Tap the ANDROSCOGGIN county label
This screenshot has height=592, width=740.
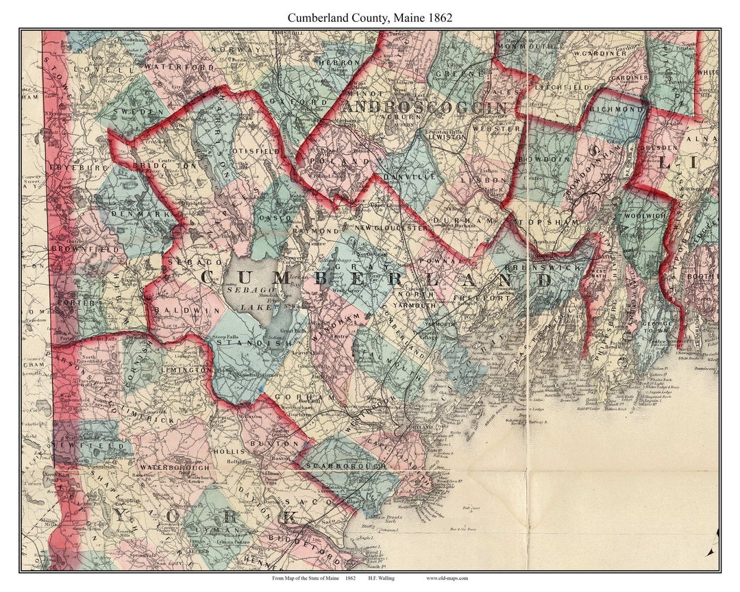(425, 108)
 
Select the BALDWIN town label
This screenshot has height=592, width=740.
(177, 311)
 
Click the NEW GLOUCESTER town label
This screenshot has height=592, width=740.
(391, 227)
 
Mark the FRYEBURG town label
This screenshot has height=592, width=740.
(71, 167)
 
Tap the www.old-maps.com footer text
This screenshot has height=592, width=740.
(446, 579)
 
